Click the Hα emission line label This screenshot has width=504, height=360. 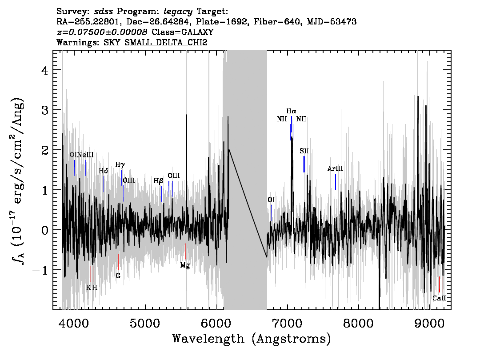291,111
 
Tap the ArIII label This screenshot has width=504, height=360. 335,169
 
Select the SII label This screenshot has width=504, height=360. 304,151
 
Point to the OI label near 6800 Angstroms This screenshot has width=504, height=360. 271,200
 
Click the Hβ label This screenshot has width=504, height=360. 159,181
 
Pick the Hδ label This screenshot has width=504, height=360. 103,171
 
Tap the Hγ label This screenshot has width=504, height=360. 120,165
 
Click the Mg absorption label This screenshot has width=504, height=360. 185,265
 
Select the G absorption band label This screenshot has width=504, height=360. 118,276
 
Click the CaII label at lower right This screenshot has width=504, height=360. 439,298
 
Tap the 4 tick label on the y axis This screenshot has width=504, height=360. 45,70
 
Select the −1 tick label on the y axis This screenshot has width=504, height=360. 40,270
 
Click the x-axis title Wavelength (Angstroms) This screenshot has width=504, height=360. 252,339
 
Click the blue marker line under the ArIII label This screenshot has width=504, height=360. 336,182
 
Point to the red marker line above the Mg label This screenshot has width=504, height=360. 185,252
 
